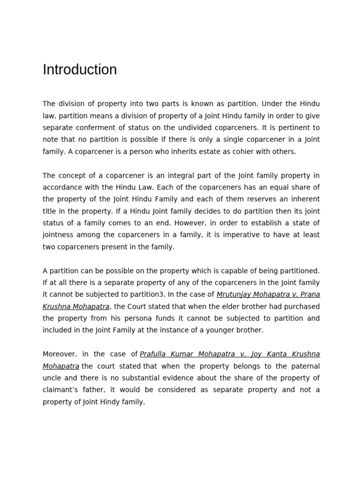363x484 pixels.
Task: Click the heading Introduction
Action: point(79,69)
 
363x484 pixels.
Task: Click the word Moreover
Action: point(60,354)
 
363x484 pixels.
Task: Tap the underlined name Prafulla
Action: point(155,354)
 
